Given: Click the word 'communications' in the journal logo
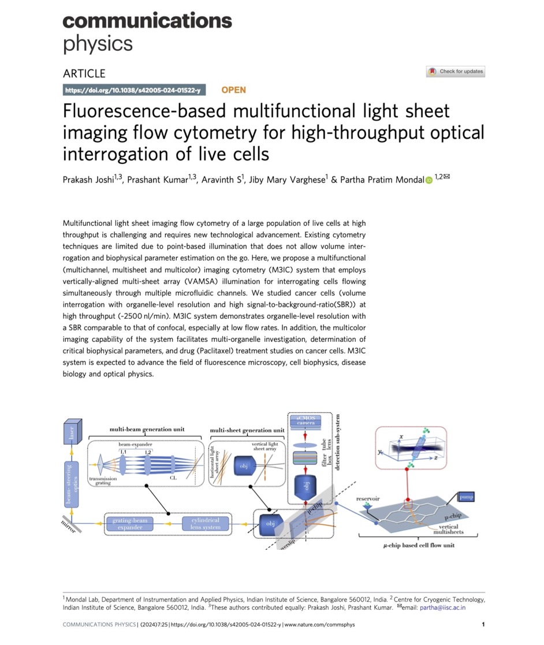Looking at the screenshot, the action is (147, 21).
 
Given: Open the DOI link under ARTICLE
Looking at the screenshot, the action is (132, 90).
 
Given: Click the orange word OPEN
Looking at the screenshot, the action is (233, 90).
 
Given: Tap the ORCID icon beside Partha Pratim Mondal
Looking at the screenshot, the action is (429, 181).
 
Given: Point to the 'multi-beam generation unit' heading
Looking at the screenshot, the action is (147, 430).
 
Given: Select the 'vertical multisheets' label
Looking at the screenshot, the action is (449, 530).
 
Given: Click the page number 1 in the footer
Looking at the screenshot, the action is (483, 624).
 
